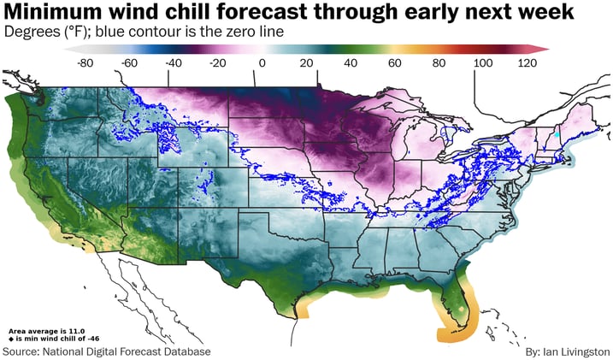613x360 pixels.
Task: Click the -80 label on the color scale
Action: click(86, 62)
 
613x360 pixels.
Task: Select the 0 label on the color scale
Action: click(262, 62)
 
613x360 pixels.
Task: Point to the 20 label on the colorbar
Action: click(306, 62)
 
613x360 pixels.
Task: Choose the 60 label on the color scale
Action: click(395, 62)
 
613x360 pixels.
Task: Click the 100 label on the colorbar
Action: click(483, 62)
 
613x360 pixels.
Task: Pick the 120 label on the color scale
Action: click(527, 62)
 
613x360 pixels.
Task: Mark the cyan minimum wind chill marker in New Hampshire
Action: click(556, 135)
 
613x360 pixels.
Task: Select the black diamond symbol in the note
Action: click(10, 338)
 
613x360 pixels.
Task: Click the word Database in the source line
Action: click(184, 351)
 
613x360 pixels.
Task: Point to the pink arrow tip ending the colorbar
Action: click(544, 49)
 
